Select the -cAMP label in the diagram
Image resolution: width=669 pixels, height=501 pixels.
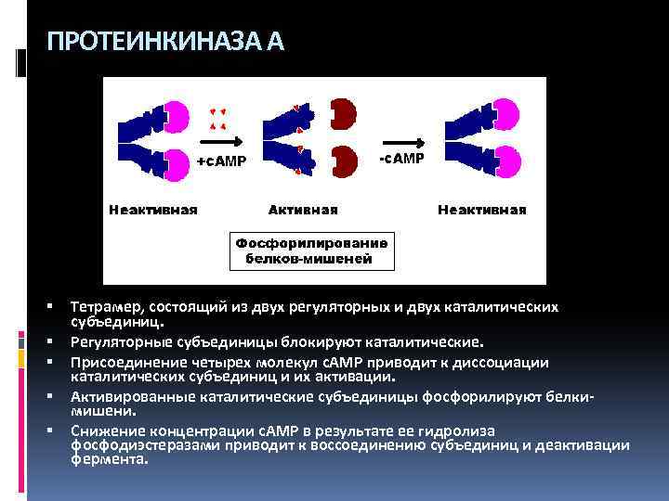401,158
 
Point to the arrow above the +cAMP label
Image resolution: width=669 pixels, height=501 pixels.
221,143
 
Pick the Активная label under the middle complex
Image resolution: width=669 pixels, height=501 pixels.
303,209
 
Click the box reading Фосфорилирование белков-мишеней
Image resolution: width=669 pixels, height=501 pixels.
312,250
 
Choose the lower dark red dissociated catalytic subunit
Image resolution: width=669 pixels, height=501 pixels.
344,161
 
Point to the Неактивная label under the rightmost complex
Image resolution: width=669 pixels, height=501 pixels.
481,209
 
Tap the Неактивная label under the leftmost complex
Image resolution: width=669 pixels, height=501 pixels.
153,209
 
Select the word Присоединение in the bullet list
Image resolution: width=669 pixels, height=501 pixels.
125,363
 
